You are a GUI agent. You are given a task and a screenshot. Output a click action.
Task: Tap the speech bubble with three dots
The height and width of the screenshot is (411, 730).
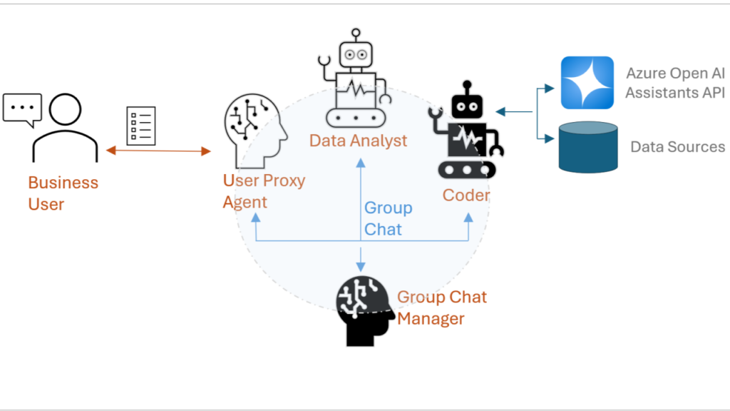22,109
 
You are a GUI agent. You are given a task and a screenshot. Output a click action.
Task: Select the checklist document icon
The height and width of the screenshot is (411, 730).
140,126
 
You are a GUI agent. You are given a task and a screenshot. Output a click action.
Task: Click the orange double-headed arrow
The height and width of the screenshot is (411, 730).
158,151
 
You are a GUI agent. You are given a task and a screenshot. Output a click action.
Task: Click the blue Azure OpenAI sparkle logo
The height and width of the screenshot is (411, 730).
587,83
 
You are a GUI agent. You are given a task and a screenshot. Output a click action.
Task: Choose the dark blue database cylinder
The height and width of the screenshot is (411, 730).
587,147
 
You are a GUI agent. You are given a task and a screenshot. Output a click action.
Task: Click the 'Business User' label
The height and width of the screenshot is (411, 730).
63,193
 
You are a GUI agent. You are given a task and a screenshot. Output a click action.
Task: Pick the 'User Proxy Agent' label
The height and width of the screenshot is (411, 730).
263,191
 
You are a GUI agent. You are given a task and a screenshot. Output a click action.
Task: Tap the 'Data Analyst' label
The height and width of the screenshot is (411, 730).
358,141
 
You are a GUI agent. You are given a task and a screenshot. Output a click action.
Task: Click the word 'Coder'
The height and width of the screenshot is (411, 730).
466,195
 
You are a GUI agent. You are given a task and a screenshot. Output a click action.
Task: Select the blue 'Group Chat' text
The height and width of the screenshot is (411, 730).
388,219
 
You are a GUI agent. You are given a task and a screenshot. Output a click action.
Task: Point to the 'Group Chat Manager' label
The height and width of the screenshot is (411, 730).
441,308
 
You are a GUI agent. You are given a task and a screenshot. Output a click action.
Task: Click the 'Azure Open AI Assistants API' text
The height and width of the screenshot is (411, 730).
674,83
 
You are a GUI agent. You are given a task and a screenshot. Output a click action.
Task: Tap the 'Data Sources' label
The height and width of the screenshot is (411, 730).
677,147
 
